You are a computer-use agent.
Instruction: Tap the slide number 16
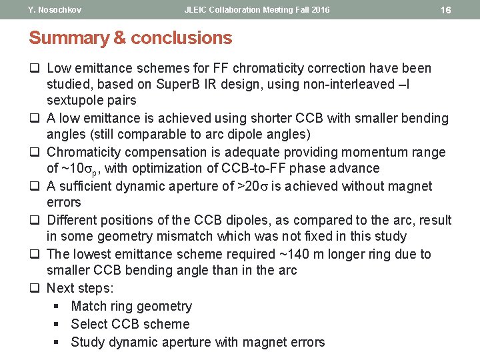[446, 10]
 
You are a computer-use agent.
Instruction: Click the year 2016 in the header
[317, 10]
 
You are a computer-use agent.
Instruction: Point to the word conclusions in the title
[181, 38]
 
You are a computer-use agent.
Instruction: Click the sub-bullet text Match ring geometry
[131, 307]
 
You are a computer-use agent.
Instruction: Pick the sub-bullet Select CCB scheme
[130, 325]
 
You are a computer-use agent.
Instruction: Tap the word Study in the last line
[87, 343]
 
